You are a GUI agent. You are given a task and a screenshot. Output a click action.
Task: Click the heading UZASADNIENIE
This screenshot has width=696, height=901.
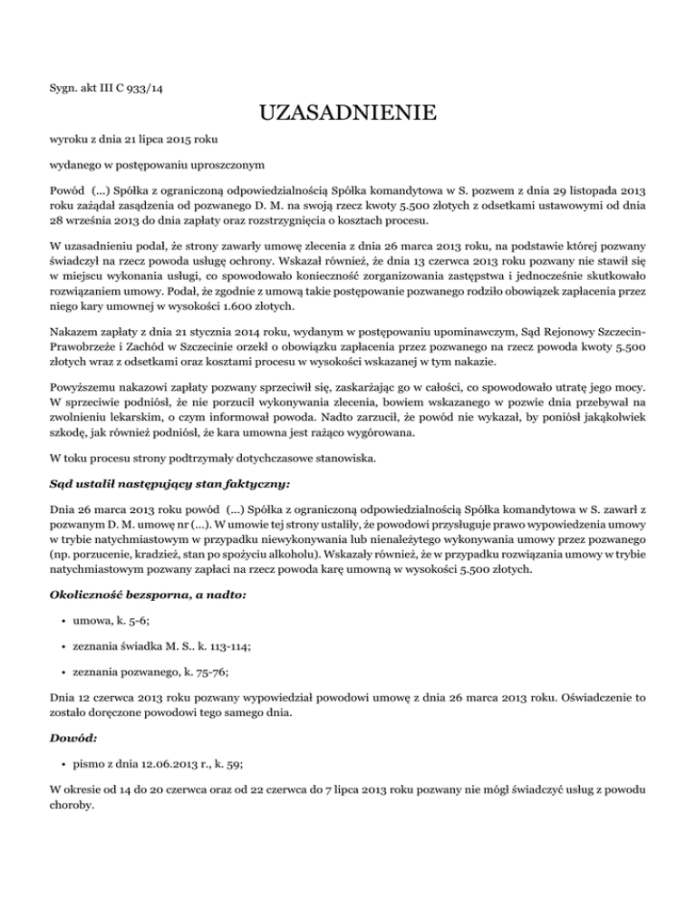click(347, 115)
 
